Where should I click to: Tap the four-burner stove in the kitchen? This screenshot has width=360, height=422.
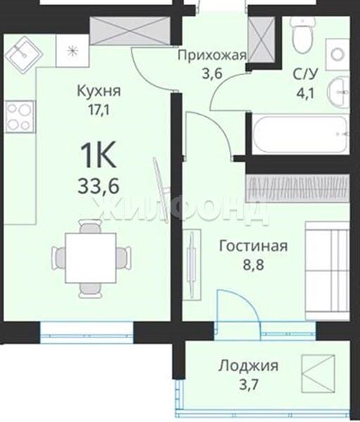[x=20, y=117]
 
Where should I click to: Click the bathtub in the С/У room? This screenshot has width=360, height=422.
[x=300, y=134]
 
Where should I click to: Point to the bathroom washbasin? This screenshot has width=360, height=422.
[x=338, y=91]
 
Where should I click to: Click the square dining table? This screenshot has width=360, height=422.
[x=91, y=258]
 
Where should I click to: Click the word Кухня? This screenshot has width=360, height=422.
[x=99, y=91]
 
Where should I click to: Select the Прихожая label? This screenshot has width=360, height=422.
[x=212, y=56]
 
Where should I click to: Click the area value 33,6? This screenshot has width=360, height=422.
[x=98, y=186]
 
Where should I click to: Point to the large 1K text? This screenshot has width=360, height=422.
[x=98, y=155]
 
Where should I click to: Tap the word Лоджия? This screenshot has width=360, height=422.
[x=248, y=366]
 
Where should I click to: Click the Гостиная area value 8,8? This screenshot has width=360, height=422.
[x=254, y=265]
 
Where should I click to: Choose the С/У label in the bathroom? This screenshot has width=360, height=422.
[x=305, y=75]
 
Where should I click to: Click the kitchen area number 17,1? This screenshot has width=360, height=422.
[x=98, y=110]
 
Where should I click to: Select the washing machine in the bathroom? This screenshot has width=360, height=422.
[x=337, y=55]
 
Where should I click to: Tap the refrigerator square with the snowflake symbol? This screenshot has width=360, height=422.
[x=72, y=51]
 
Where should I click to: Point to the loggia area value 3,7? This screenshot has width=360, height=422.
[x=249, y=385]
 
